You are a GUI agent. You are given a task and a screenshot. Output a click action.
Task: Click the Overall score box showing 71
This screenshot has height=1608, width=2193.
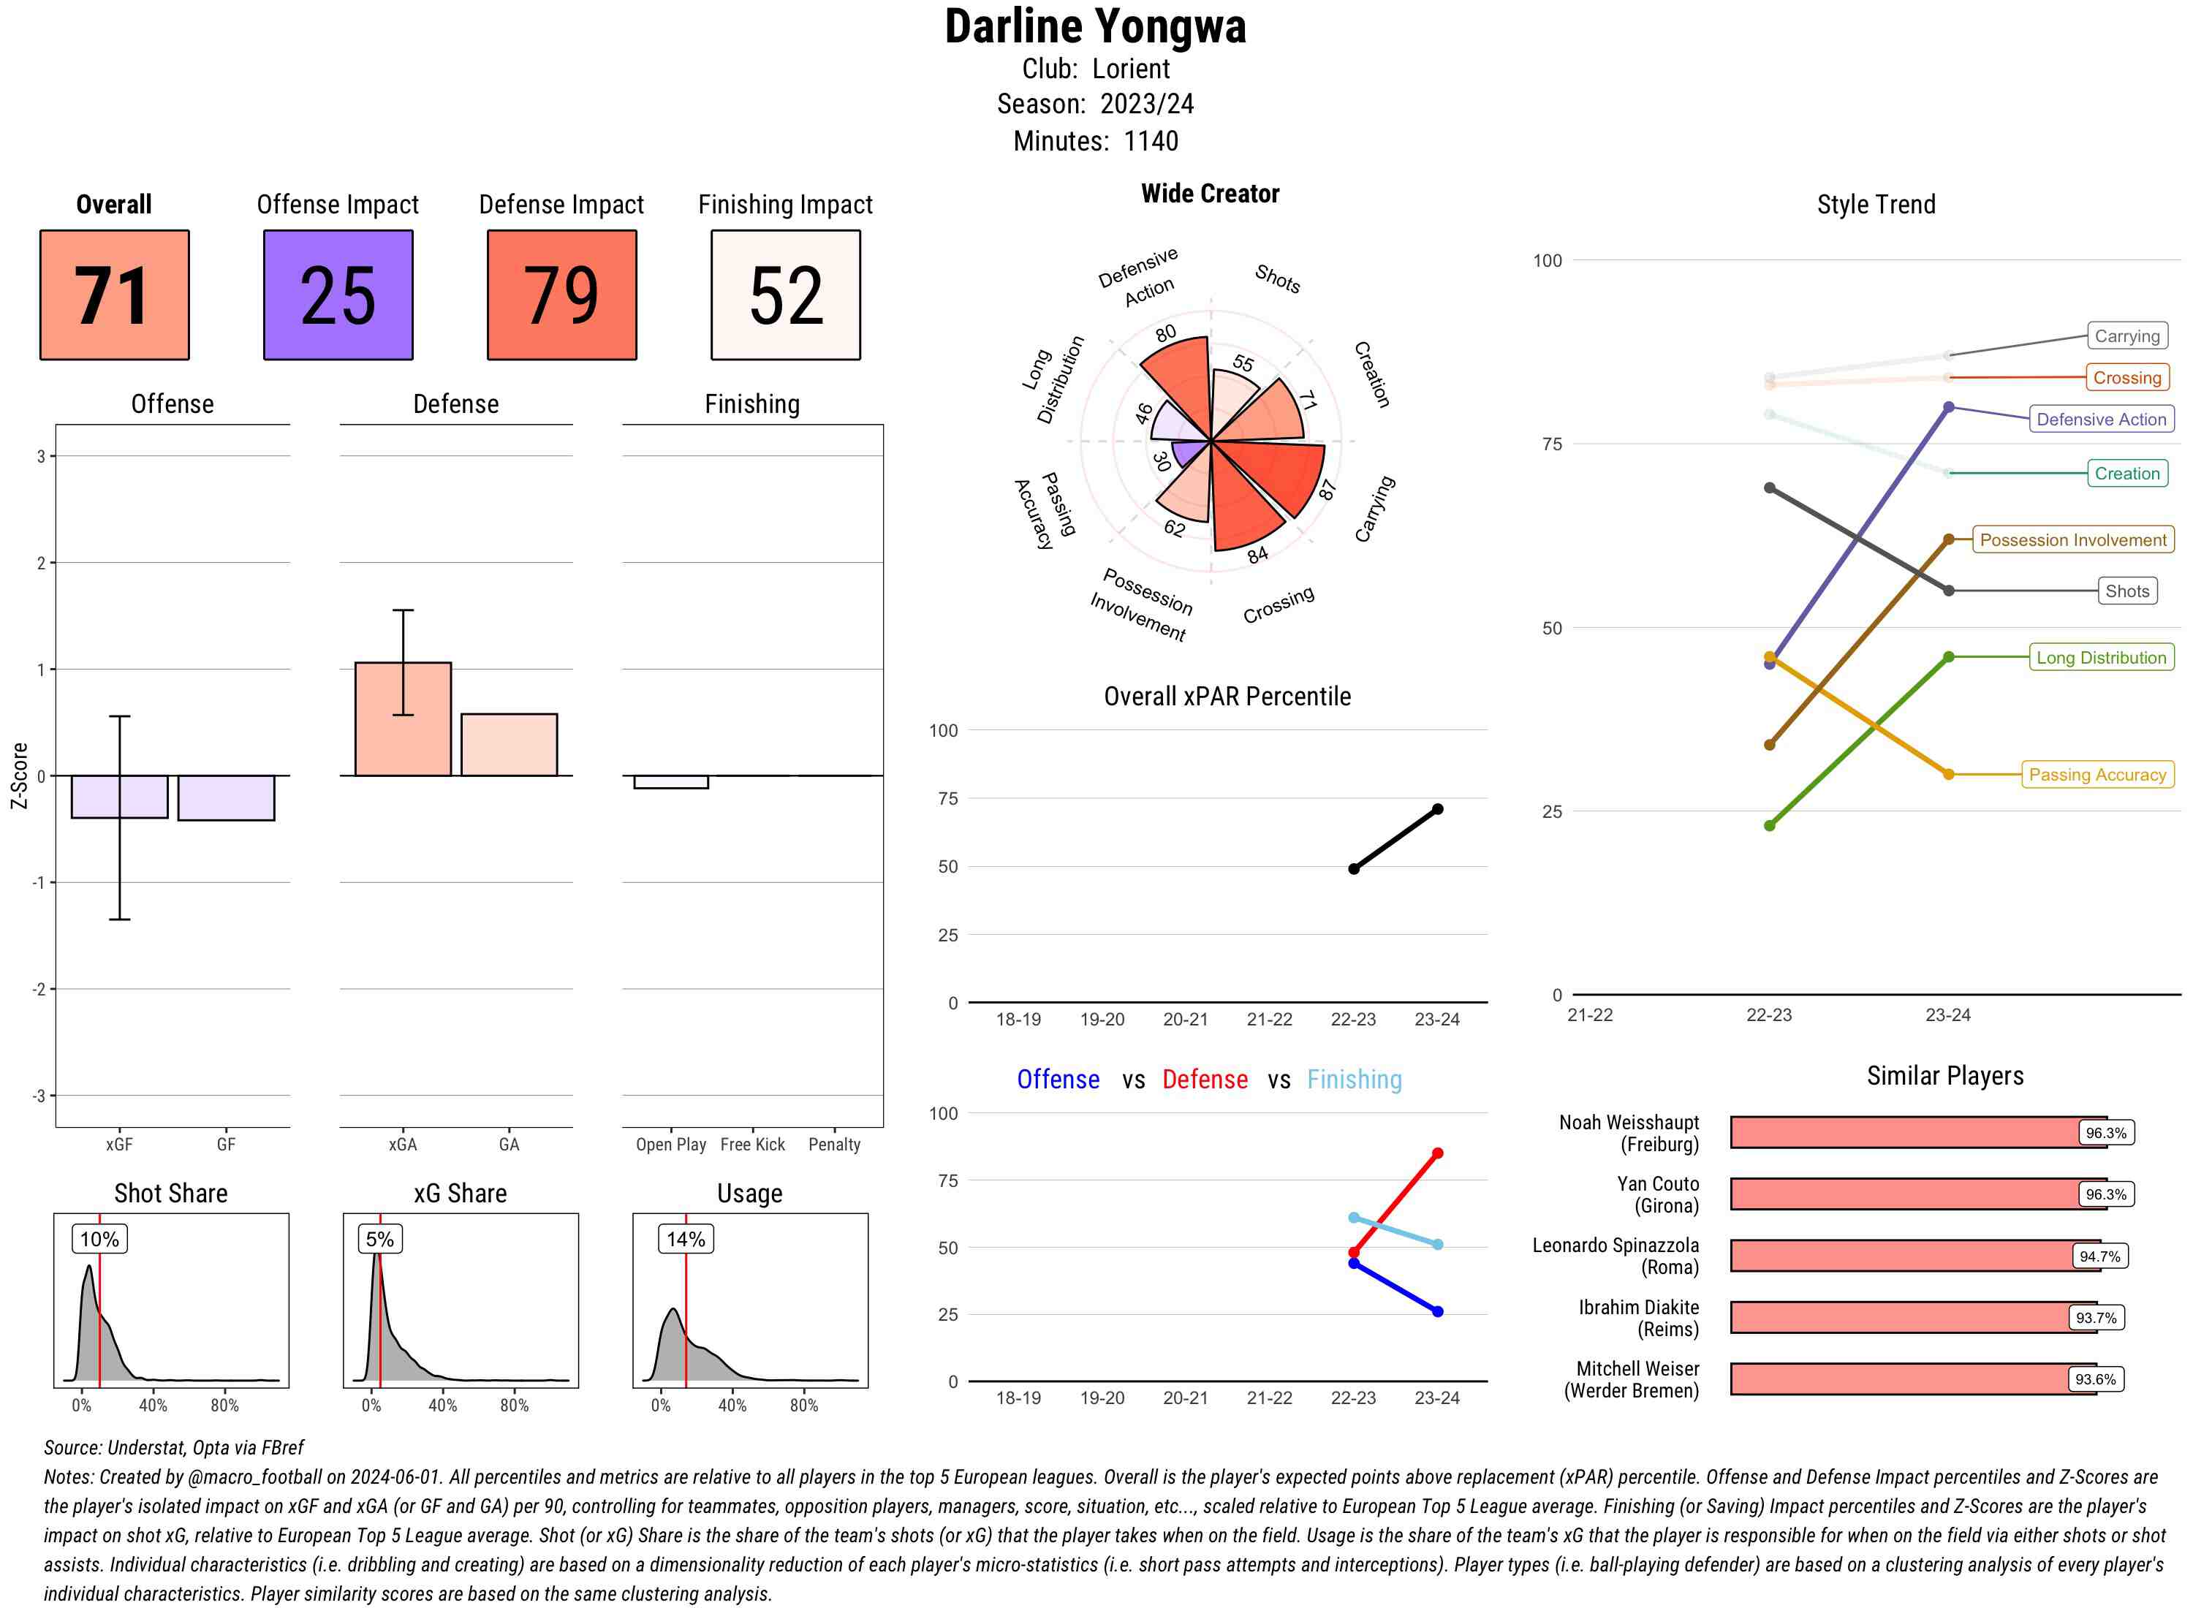tap(114, 295)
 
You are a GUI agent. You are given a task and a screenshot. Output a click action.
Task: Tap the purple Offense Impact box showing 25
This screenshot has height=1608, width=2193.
tap(338, 295)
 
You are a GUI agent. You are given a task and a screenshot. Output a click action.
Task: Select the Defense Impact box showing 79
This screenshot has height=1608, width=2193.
tap(561, 295)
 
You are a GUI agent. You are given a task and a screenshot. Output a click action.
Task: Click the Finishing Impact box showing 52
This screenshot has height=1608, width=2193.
tap(786, 295)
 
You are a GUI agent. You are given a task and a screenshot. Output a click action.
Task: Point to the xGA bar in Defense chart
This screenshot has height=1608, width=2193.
tap(403, 719)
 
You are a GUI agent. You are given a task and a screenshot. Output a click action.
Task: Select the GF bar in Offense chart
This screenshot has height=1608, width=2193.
tap(226, 798)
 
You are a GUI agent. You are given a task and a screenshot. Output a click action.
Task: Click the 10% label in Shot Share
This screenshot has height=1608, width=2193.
tap(99, 1239)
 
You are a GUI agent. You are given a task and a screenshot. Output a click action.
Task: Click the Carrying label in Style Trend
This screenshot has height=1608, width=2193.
tap(2126, 335)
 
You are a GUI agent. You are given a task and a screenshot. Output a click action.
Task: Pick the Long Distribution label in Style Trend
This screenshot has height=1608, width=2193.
tap(2101, 657)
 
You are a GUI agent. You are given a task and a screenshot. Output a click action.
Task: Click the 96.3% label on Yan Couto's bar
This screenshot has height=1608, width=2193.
tap(2105, 1194)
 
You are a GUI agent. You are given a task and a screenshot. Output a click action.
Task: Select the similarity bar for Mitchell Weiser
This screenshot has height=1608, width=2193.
tap(1913, 1379)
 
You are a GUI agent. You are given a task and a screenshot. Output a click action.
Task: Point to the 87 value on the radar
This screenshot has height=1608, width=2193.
tap(1327, 490)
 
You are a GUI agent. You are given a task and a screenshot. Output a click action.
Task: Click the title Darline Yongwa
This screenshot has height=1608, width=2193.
tap(1095, 27)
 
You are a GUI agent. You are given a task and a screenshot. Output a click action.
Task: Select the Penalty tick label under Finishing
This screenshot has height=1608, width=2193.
tap(834, 1145)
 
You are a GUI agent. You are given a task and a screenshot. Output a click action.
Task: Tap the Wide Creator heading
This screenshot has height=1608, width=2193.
tap(1210, 194)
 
